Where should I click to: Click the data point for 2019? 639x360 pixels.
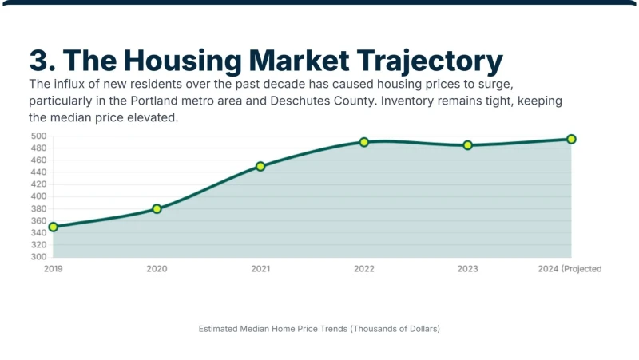point(53,227)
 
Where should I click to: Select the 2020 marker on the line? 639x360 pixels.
point(157,209)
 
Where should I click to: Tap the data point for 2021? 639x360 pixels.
point(260,166)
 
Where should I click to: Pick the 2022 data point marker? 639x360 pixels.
point(364,142)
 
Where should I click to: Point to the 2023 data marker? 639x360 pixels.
point(468,145)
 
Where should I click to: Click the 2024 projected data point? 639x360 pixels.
point(571,139)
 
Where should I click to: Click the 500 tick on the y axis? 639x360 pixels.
point(38,136)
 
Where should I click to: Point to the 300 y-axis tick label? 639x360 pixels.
point(38,257)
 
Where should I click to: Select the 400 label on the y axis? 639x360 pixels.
point(38,196)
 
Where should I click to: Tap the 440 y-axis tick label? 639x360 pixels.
point(38,172)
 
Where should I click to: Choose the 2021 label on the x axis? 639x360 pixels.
point(260,269)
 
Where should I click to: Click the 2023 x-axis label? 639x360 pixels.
point(468,269)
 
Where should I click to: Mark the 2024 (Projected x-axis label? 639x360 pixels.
point(570,269)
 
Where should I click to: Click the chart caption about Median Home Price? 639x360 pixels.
point(319,329)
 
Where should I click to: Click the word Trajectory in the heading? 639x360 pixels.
point(430,61)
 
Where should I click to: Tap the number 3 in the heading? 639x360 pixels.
point(39,61)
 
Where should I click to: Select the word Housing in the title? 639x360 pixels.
point(183,61)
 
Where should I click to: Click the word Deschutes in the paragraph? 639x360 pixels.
point(300,101)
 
